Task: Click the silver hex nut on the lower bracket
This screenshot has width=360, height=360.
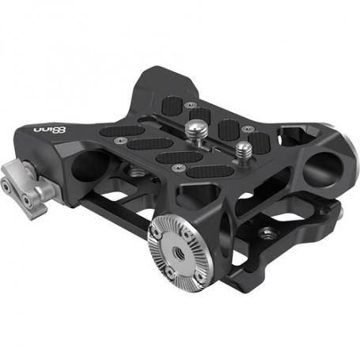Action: [x=265, y=233]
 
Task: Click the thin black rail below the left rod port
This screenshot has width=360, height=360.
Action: [x=103, y=207]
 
